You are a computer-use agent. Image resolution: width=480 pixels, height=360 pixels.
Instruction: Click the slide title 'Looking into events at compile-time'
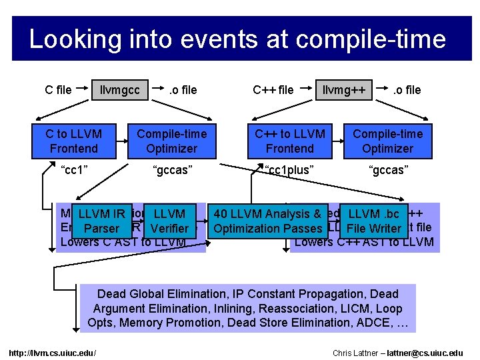(237, 39)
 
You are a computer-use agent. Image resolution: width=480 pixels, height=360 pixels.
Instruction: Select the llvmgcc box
(121, 90)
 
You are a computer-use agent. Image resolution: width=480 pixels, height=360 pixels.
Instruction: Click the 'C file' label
(58, 90)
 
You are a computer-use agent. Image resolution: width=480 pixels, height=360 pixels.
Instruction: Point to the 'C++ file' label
(273, 90)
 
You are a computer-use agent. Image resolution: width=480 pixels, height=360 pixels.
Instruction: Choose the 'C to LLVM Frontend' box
(74, 141)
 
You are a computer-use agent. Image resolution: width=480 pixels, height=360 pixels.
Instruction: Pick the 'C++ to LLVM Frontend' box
(289, 141)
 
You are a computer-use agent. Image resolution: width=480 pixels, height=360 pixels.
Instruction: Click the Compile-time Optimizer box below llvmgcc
(171, 141)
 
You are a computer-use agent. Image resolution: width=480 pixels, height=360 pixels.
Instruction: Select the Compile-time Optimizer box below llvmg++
(387, 141)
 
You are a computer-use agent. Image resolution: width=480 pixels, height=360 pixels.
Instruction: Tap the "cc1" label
(74, 170)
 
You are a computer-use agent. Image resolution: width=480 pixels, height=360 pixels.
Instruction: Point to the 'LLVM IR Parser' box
(101, 221)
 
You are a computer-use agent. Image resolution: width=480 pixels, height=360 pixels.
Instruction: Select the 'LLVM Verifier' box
(169, 221)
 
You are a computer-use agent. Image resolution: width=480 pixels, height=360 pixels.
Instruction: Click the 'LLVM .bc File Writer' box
(373, 221)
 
